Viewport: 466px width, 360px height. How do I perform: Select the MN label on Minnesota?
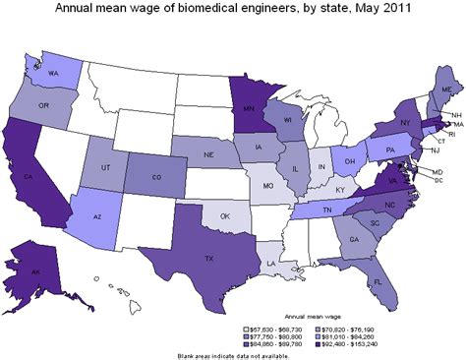pos(241,101)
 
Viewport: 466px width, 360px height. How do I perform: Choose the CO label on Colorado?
pos(157,178)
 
